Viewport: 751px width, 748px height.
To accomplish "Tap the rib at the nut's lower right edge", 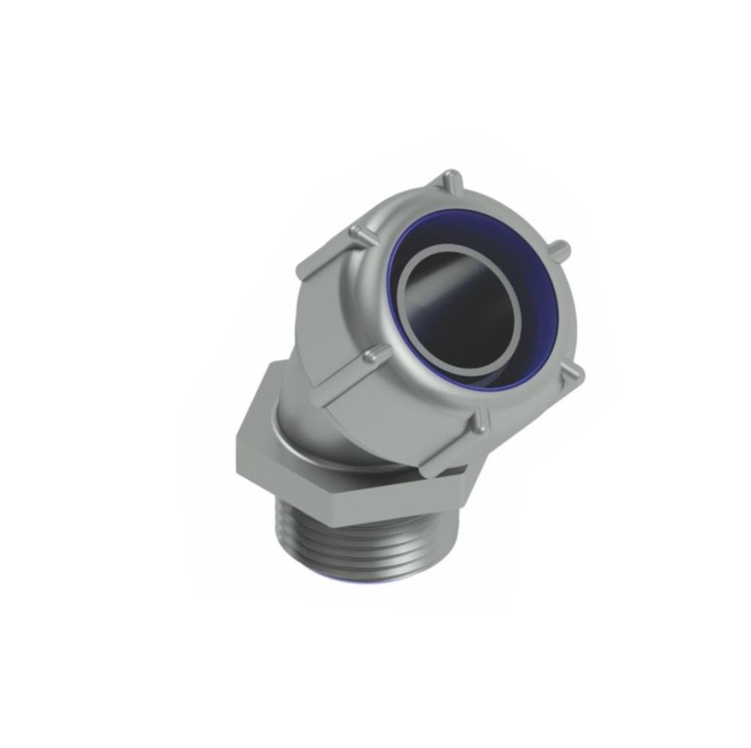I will pos(574,375).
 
